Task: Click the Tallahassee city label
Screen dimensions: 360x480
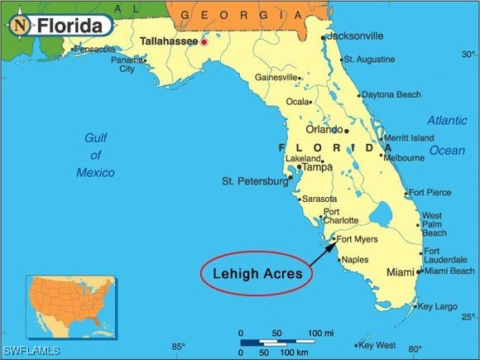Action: click(x=169, y=41)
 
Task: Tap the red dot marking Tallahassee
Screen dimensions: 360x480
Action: click(x=204, y=41)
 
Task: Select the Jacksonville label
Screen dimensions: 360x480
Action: click(x=356, y=36)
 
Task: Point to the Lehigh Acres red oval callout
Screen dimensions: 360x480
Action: click(x=257, y=272)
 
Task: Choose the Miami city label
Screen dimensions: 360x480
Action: click(x=401, y=272)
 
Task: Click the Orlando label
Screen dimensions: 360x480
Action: click(x=324, y=130)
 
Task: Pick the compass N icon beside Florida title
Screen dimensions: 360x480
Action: click(x=20, y=26)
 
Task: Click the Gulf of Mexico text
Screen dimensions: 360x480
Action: click(x=96, y=155)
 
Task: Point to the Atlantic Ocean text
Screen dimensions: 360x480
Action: click(x=447, y=135)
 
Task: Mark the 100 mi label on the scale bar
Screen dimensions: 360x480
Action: click(x=320, y=333)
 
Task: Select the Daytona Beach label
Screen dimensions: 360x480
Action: click(x=391, y=95)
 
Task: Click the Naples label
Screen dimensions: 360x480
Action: click(x=355, y=260)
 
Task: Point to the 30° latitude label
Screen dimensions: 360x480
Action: click(x=468, y=55)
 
